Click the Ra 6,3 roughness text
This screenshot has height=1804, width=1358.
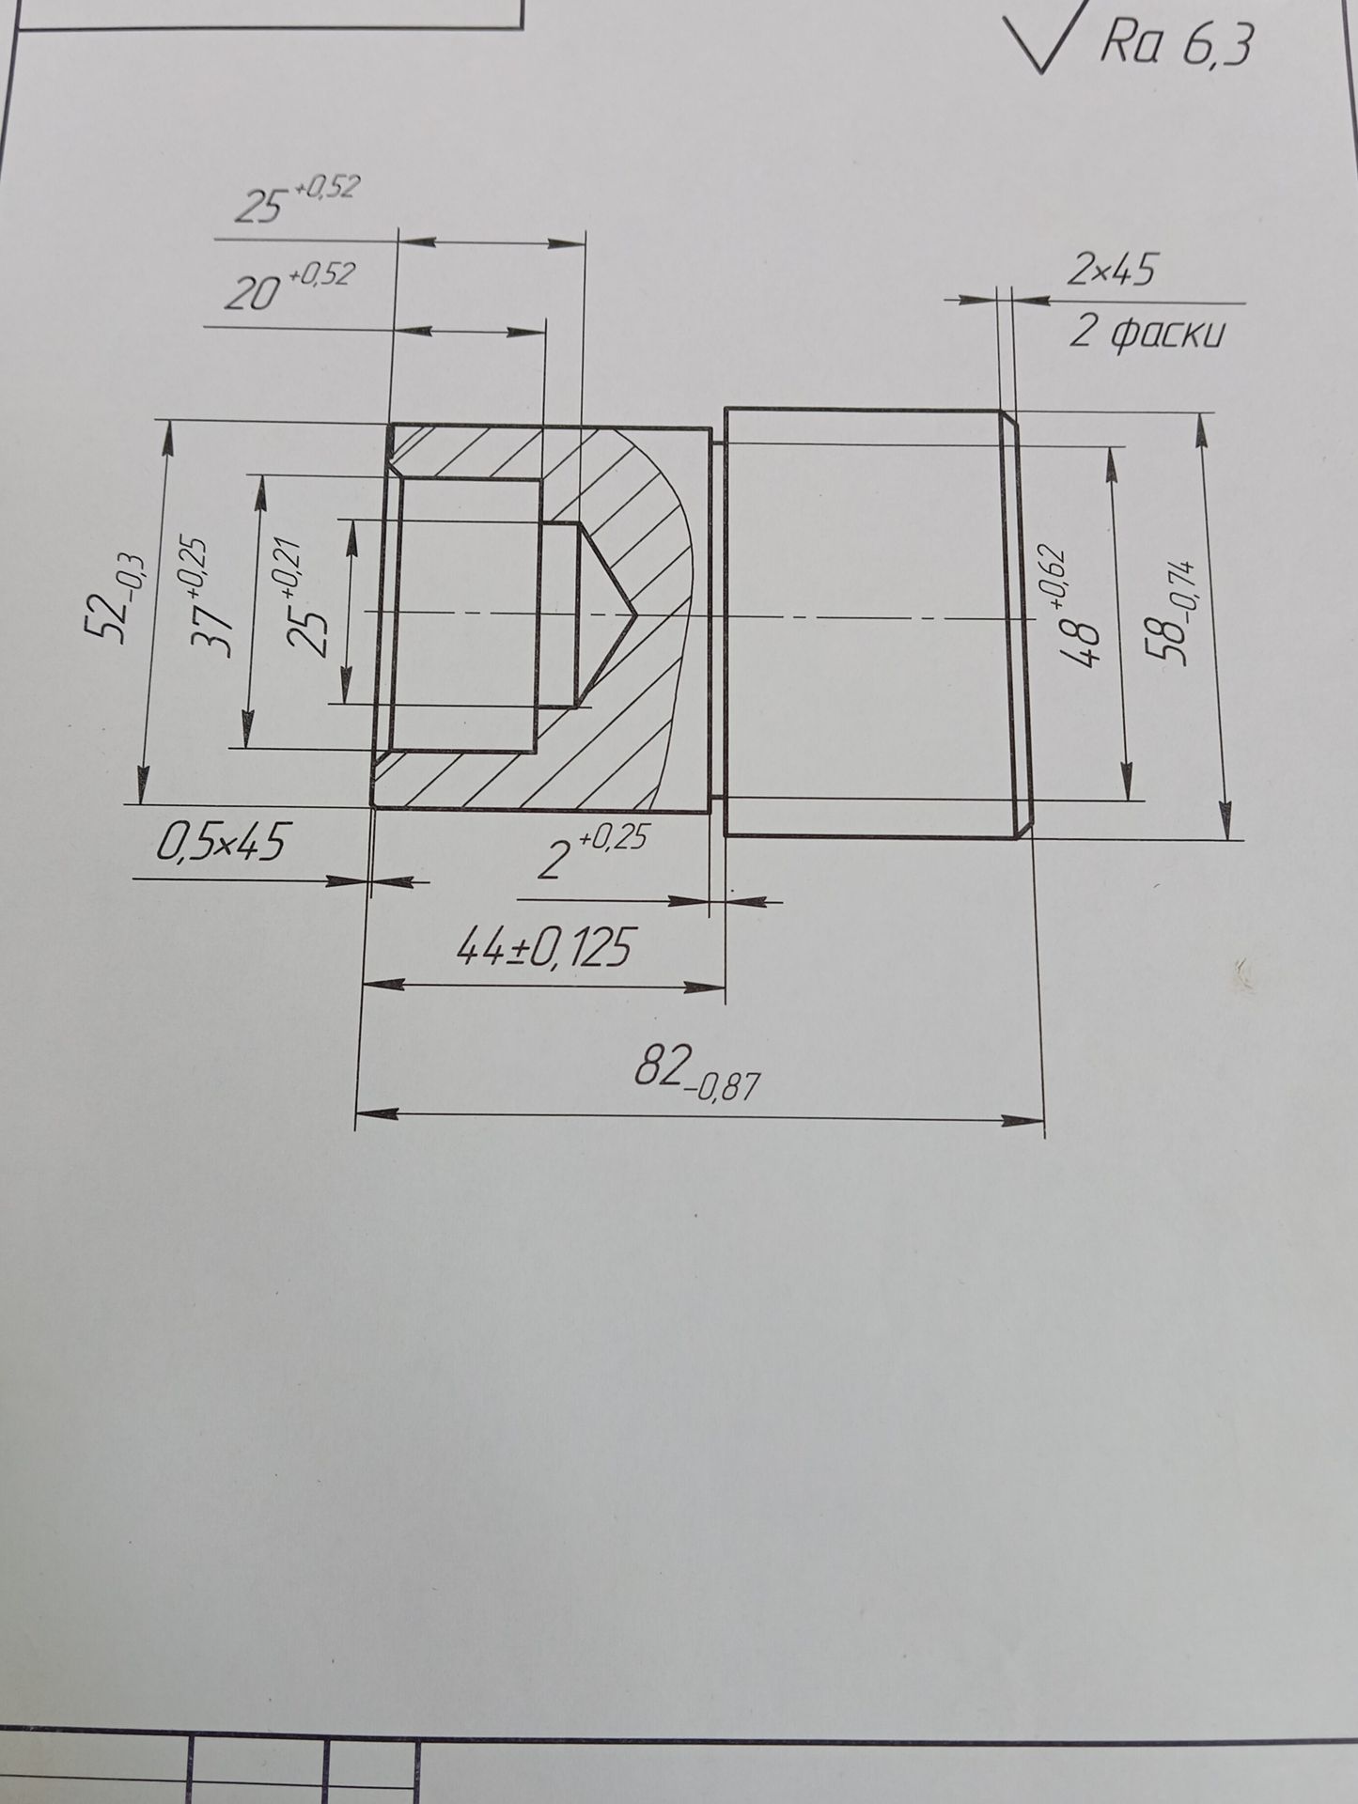pos(1176,43)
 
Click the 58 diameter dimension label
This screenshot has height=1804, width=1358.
pos(1178,613)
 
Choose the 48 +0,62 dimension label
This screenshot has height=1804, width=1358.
pos(1073,606)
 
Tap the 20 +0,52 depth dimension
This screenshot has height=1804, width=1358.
pos(289,288)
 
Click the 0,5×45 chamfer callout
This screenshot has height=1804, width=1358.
pos(220,841)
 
